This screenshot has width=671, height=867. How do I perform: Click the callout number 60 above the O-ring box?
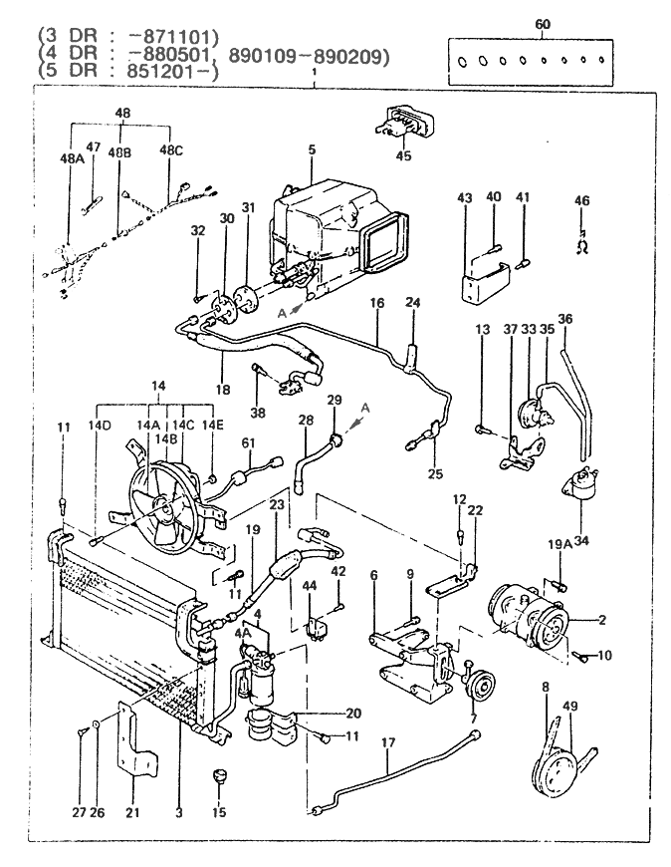(x=542, y=23)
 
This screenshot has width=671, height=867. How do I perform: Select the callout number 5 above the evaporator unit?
(x=311, y=150)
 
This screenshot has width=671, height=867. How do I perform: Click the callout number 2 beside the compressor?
(x=601, y=620)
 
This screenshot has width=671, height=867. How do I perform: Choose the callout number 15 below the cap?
(x=219, y=812)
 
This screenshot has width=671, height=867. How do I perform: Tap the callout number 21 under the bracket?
(x=133, y=812)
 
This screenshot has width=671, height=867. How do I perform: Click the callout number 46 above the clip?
(x=582, y=201)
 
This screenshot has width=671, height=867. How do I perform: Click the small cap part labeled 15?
(x=219, y=775)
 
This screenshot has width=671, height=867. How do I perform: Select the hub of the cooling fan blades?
(x=165, y=509)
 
